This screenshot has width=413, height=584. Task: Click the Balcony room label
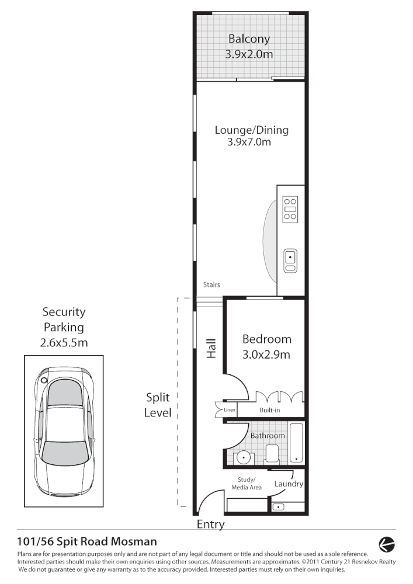(x=249, y=39)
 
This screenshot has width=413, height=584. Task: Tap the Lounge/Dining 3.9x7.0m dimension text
(x=251, y=142)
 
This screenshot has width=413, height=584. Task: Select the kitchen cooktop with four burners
(x=290, y=210)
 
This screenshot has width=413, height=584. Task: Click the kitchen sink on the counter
(x=290, y=260)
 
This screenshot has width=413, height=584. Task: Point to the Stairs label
(x=211, y=285)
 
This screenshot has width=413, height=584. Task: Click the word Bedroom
(x=266, y=339)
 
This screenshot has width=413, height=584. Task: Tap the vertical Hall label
(x=211, y=349)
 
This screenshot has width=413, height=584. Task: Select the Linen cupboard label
(x=229, y=411)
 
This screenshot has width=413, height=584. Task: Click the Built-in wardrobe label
(x=270, y=411)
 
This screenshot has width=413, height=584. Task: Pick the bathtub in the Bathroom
(x=296, y=442)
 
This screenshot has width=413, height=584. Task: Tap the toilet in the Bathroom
(x=272, y=454)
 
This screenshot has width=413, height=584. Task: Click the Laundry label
(x=288, y=484)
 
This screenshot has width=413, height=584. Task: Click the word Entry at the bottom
(x=210, y=524)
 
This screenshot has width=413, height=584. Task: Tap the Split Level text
(x=158, y=405)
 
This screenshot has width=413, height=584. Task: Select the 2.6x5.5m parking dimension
(x=64, y=343)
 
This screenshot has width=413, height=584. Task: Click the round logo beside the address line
(x=387, y=544)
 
